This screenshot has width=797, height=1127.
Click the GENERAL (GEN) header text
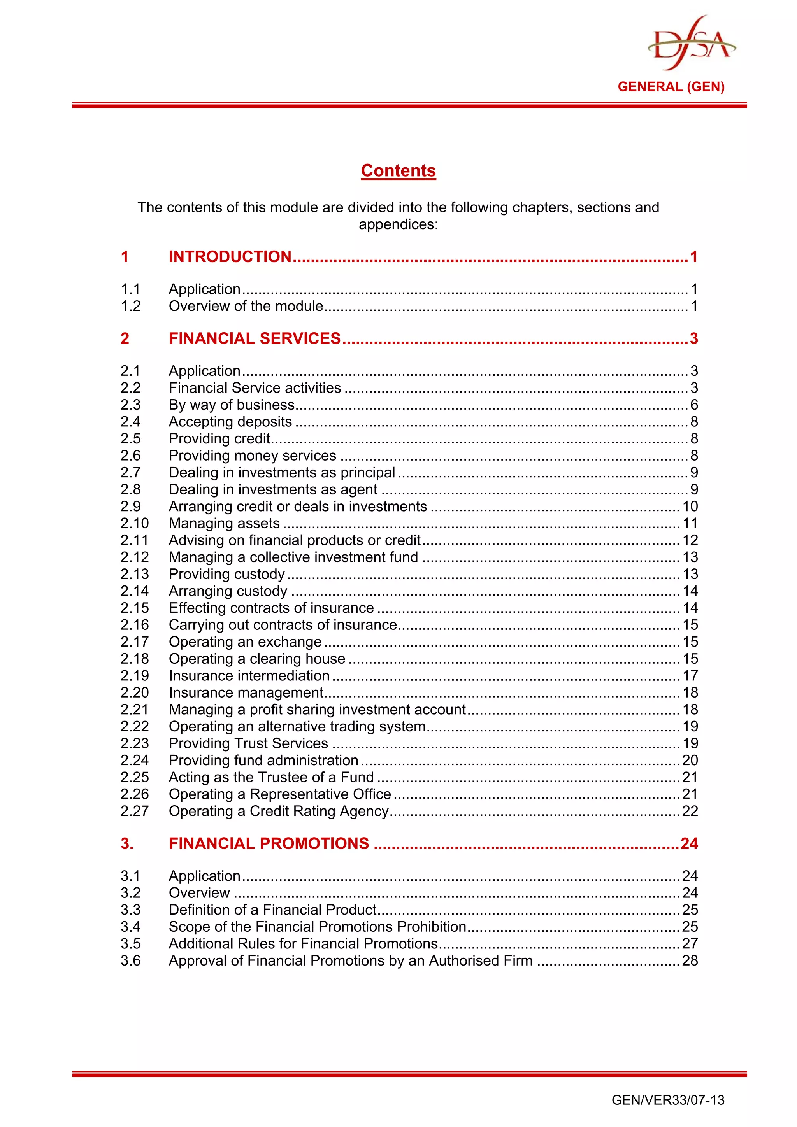pyautogui.click(x=671, y=87)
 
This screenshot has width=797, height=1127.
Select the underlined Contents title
pyautogui.click(x=398, y=170)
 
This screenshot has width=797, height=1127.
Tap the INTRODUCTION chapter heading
pyautogui.click(x=230, y=257)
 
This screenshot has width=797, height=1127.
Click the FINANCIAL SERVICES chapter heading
pyautogui.click(x=255, y=338)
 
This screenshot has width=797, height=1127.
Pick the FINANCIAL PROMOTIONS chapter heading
pyautogui.click(x=269, y=843)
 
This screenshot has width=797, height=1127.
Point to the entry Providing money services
pyautogui.click(x=253, y=456)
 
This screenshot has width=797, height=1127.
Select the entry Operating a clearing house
pyautogui.click(x=257, y=659)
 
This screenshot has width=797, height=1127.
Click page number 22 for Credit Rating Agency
pyautogui.click(x=690, y=811)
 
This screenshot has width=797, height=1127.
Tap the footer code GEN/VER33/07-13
pyautogui.click(x=667, y=1100)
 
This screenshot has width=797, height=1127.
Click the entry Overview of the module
pyautogui.click(x=246, y=306)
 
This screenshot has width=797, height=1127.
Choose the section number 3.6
pyautogui.click(x=131, y=960)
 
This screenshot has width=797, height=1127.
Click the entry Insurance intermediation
pyautogui.click(x=249, y=675)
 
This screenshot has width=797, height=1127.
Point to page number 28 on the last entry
pyautogui.click(x=690, y=960)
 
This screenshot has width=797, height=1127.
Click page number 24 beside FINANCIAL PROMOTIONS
pyautogui.click(x=689, y=843)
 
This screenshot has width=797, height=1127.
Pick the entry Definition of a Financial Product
pyautogui.click(x=272, y=910)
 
